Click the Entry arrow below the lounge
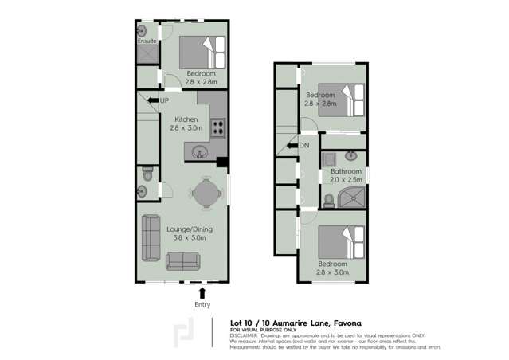[202, 292]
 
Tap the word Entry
[202, 304]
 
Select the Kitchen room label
[181, 119]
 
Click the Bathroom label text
[347, 171]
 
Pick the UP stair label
[164, 100]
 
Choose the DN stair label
[303, 145]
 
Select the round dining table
[204, 191]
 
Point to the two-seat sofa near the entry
[183, 260]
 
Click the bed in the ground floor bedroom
[195, 53]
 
